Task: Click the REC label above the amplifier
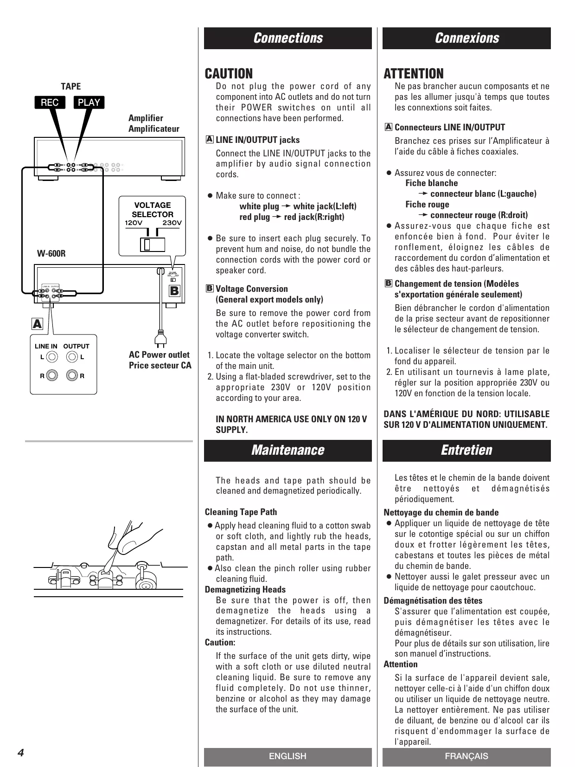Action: [x=50, y=103]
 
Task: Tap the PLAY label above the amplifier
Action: [x=89, y=103]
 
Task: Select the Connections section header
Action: [x=288, y=38]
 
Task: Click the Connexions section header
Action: [x=466, y=38]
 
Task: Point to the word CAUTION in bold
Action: [x=229, y=74]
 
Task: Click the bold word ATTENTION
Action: [x=414, y=74]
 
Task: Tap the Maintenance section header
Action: [x=288, y=450]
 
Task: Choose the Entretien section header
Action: [x=466, y=450]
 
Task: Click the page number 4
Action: [x=21, y=753]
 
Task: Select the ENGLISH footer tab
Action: [x=287, y=756]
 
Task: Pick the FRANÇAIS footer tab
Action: [x=466, y=756]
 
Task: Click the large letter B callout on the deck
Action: [x=174, y=291]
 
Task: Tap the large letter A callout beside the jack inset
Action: [x=37, y=324]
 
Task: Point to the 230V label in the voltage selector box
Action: [x=172, y=223]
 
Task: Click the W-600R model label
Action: [x=51, y=254]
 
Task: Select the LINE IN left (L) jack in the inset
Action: [x=52, y=357]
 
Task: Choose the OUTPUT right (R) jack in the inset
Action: [x=72, y=375]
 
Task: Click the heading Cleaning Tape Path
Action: [x=241, y=512]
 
